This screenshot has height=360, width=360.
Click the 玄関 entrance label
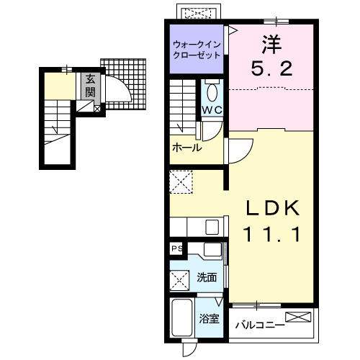click(91, 86)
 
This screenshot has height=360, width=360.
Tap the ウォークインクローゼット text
click(198, 50)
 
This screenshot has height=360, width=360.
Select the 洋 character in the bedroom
click(271, 44)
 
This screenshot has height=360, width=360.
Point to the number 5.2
click(271, 70)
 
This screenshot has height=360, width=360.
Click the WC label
click(212, 110)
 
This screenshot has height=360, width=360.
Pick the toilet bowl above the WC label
click(212, 91)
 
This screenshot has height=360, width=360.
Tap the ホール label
click(186, 148)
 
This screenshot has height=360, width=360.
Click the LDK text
click(272, 207)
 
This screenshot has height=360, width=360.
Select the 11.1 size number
click(272, 233)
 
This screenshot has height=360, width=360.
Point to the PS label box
click(176, 248)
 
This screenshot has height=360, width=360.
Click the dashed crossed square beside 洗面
click(179, 277)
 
